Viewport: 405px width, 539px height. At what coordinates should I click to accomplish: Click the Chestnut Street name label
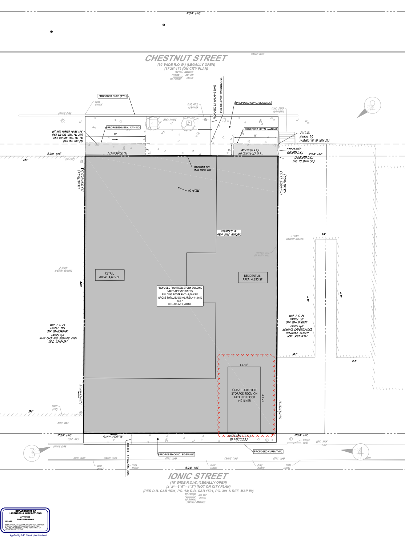(186, 58)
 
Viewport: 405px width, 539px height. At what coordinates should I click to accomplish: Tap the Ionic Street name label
(198, 476)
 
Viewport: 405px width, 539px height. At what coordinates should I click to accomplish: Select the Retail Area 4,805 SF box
(109, 275)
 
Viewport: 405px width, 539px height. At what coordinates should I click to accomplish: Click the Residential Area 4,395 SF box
(252, 278)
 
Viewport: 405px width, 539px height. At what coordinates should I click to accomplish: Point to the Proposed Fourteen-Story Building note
(180, 296)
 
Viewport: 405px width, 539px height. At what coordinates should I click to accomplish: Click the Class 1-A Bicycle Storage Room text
(244, 395)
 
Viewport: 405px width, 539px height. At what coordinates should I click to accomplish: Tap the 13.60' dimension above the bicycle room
(244, 365)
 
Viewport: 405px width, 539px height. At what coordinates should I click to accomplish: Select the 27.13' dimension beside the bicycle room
(263, 398)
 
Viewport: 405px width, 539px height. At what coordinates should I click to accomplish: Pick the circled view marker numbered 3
(32, 453)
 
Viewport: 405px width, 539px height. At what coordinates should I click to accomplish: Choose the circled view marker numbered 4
(360, 452)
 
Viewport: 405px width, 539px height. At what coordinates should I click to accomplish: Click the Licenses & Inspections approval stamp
(25, 520)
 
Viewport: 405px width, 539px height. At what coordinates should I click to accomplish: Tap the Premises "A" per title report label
(229, 233)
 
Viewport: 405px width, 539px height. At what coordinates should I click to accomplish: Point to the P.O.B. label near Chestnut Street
(305, 133)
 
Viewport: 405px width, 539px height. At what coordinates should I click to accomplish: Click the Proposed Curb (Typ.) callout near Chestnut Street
(113, 96)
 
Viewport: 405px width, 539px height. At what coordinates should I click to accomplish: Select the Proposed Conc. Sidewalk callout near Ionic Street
(177, 454)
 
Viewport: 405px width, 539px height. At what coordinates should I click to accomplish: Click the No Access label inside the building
(194, 191)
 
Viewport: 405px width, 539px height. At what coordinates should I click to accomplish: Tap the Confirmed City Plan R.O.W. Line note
(202, 168)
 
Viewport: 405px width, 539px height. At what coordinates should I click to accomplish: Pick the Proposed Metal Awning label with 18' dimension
(261, 129)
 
